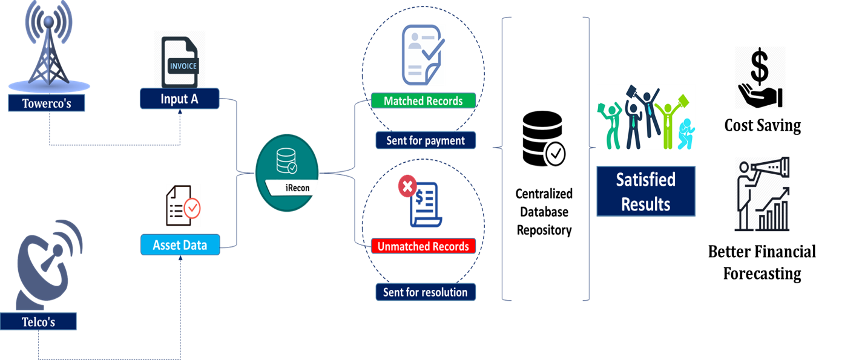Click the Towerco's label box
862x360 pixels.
(47, 103)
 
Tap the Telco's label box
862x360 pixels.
(39, 321)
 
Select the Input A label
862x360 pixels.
(179, 99)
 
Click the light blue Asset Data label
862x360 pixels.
(180, 245)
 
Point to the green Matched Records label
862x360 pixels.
(423, 100)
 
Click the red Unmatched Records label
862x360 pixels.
(423, 246)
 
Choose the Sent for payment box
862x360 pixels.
(426, 140)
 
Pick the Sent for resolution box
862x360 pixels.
(426, 292)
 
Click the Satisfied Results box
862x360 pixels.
(645, 192)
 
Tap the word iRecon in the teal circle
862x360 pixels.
(297, 188)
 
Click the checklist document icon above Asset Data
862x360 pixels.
(183, 206)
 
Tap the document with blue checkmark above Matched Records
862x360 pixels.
(423, 55)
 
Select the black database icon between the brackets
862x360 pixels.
(544, 139)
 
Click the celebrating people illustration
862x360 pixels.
(645, 117)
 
